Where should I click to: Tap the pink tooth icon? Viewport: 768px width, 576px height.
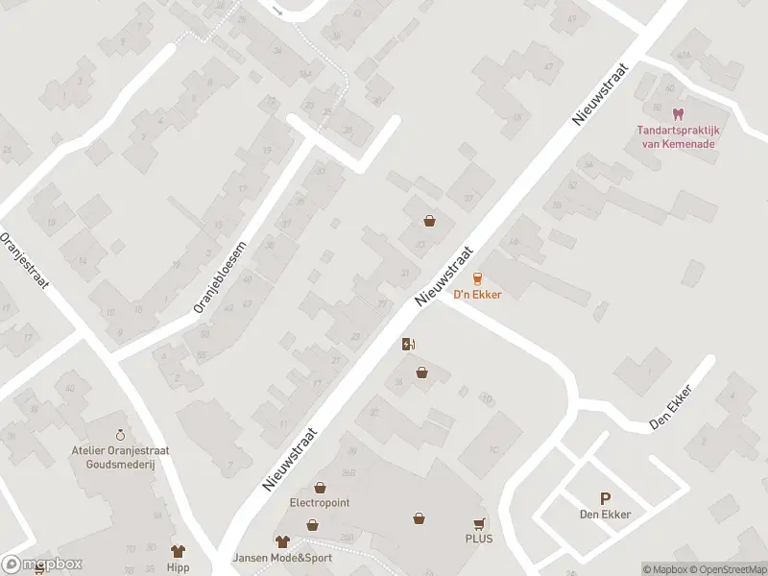[x=680, y=113]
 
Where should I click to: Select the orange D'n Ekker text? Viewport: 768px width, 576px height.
[x=477, y=295]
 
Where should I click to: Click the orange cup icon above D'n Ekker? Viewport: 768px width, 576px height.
[x=477, y=278]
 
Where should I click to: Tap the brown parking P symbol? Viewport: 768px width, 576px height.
[x=605, y=498]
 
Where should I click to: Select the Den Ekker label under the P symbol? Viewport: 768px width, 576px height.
[x=605, y=515]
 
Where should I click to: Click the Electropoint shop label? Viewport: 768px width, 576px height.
[x=319, y=502]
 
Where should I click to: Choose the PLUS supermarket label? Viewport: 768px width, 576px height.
[x=479, y=539]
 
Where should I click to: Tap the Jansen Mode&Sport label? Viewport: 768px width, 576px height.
[x=281, y=558]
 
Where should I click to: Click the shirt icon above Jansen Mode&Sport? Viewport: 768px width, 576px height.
[x=281, y=542]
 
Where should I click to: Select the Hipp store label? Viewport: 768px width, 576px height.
[x=178, y=566]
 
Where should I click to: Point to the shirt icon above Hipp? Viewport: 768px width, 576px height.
[x=178, y=551]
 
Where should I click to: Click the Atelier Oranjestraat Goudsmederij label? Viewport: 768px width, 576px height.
[x=119, y=456]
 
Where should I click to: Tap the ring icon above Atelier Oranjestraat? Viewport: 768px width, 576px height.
[x=120, y=435]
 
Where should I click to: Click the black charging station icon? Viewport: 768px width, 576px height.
[x=409, y=346]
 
